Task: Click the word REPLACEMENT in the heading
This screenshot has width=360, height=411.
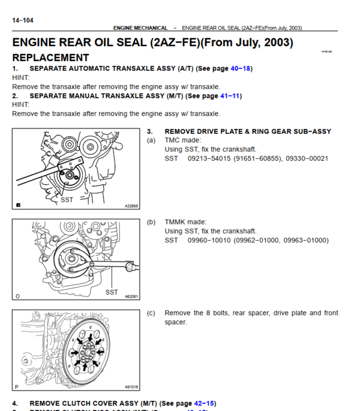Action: click(x=50, y=58)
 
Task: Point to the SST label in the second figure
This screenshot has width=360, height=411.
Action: click(x=112, y=292)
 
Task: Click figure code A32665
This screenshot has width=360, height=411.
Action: click(x=131, y=206)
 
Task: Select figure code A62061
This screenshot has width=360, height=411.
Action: click(x=131, y=296)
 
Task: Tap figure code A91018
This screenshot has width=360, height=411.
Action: click(x=131, y=387)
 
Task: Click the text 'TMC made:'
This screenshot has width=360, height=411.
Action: click(x=184, y=140)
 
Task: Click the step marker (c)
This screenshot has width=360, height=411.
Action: click(x=151, y=313)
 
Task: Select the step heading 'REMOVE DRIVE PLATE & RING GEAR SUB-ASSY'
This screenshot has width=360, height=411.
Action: click(x=247, y=131)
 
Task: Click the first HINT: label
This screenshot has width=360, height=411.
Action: click(x=20, y=77)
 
